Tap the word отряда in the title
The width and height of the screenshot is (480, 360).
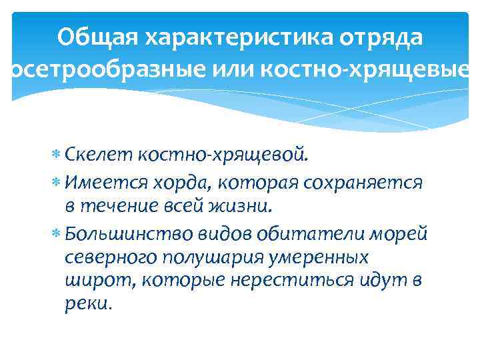pos(381,38)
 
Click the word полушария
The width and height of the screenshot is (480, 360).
pos(206,257)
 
